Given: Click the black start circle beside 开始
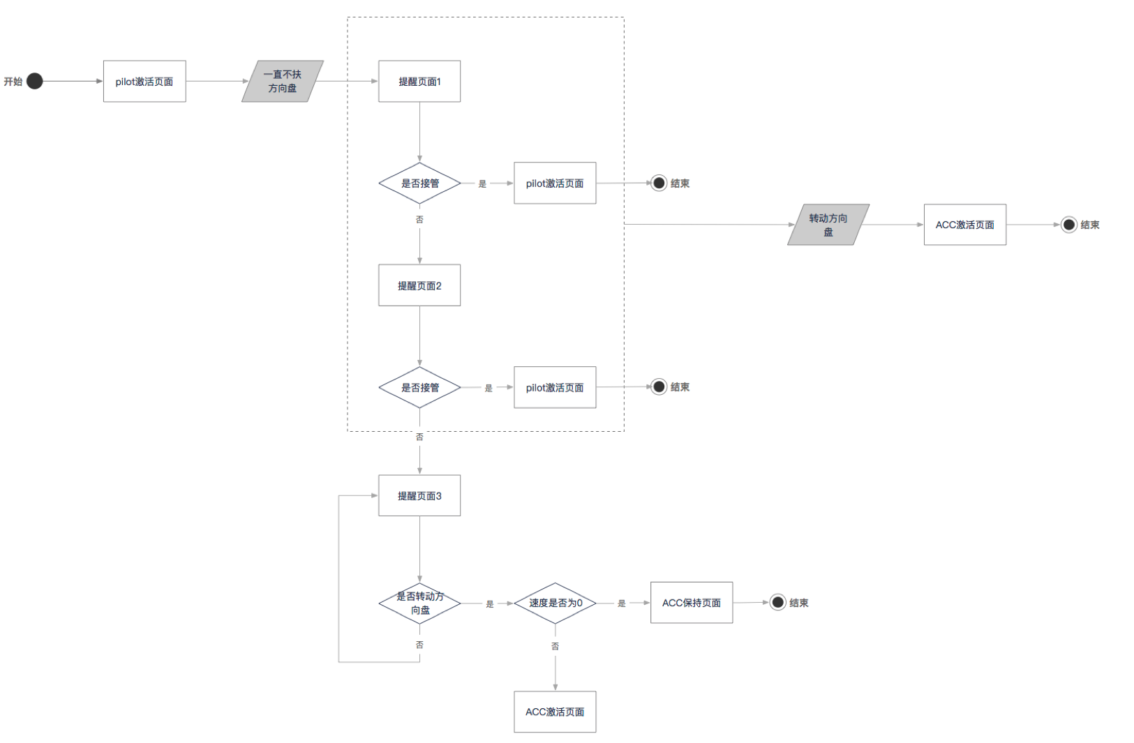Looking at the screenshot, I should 35,81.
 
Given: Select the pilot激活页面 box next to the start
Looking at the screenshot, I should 144,82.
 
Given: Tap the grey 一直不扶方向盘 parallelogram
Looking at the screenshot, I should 283,82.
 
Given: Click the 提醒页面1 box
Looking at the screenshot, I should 419,82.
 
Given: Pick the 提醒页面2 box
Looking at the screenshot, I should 419,285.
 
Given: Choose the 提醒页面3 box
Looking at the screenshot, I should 419,496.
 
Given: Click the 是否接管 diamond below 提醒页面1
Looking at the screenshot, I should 419,183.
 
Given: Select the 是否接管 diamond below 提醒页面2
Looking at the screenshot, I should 419,387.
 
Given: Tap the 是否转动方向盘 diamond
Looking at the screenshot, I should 419,603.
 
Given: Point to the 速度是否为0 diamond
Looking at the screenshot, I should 555,603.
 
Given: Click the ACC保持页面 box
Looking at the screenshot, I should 692,603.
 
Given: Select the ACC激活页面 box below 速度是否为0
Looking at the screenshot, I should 555,712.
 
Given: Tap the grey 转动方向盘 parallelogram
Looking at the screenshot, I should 828,225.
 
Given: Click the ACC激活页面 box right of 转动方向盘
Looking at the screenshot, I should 965,225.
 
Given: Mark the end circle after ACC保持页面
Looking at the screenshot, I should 778,602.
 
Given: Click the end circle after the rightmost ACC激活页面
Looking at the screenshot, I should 1069,225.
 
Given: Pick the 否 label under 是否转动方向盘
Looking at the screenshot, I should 419,645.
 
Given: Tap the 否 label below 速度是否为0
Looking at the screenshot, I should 555,646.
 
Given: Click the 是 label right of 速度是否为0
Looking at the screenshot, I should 622,603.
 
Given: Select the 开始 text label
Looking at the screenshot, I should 13,82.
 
